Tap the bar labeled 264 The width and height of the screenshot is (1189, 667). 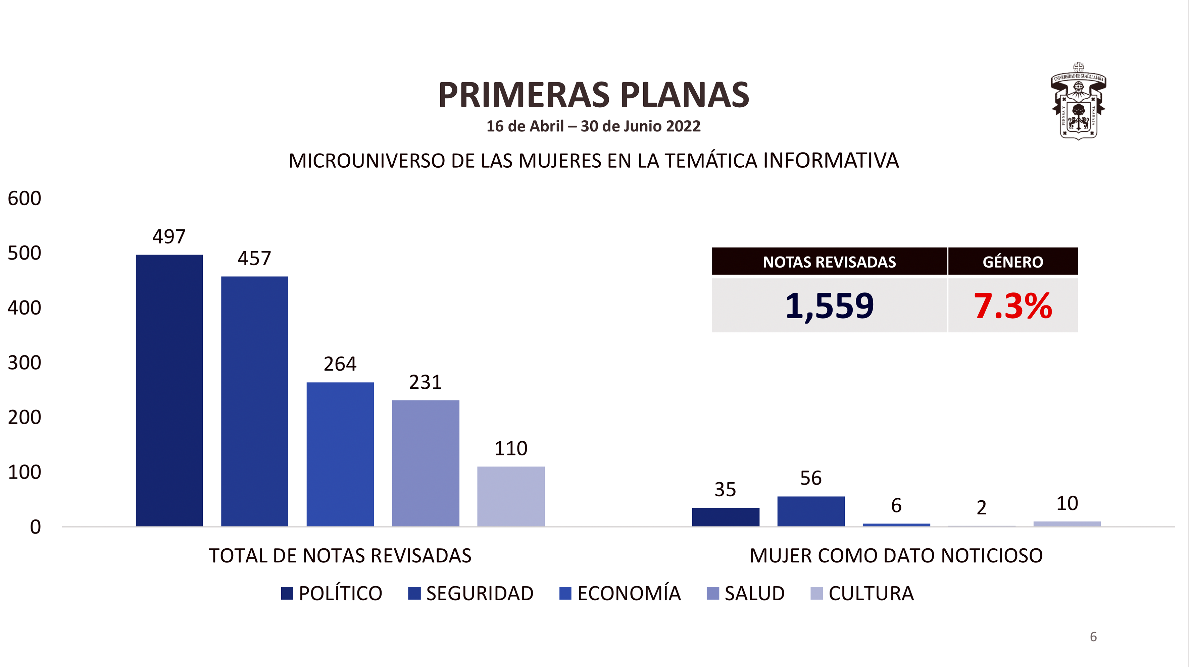point(340,454)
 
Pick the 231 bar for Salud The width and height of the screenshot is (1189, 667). point(426,463)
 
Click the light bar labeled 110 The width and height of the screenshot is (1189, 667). point(511,496)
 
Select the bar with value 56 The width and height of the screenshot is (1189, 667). point(811,511)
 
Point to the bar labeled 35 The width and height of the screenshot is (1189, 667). point(726,517)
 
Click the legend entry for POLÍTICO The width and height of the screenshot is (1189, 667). point(332,593)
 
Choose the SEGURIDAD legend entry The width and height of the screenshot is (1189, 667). point(471,593)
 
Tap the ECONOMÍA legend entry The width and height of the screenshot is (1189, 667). point(620,593)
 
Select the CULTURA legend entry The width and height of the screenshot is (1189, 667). point(862,593)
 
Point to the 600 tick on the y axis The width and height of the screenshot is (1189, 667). point(24,198)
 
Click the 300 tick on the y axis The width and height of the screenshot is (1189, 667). point(24,363)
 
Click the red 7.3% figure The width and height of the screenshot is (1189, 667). point(1013,306)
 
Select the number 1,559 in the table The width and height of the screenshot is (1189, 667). point(830,306)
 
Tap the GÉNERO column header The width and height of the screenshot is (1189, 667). point(1013,262)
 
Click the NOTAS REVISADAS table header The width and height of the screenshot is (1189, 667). point(830,262)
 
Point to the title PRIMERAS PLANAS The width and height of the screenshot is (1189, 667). point(594,95)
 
